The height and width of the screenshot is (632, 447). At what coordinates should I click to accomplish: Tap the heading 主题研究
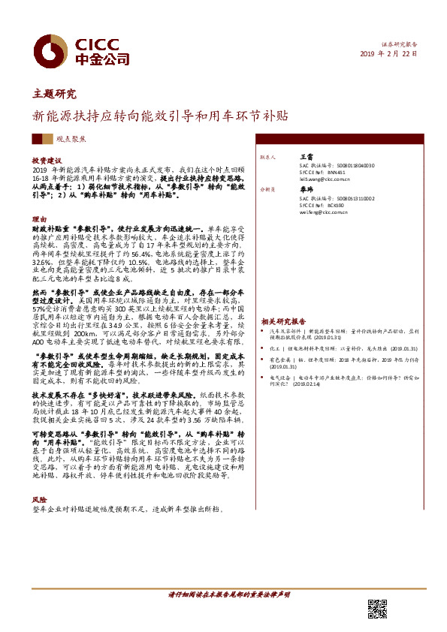[54, 95]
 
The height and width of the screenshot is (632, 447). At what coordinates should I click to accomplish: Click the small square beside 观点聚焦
[46, 140]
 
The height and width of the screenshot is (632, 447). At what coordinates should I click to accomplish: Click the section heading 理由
[39, 219]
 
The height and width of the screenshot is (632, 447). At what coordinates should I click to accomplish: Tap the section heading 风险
[39, 500]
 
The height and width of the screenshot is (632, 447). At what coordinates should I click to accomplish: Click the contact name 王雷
[307, 158]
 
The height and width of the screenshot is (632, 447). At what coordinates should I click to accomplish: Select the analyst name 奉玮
[307, 190]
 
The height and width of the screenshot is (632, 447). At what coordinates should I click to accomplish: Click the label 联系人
[269, 158]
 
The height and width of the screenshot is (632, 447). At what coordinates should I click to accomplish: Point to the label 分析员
[269, 191]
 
